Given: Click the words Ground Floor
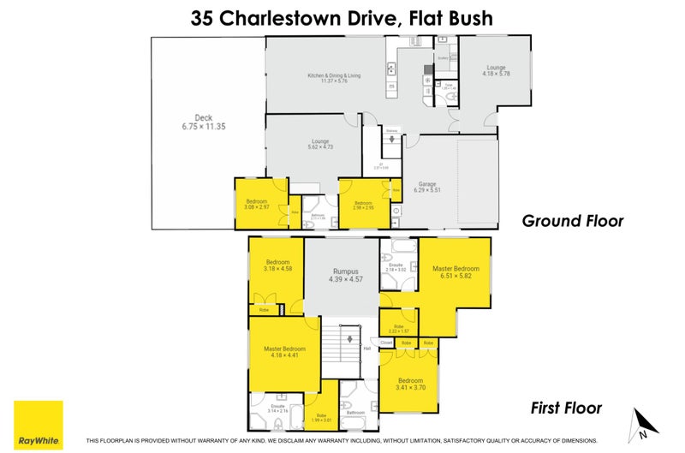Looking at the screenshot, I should click(x=573, y=221).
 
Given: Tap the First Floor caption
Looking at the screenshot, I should click(x=567, y=408).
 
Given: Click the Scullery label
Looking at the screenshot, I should click(x=444, y=57).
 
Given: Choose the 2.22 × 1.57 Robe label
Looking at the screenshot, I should click(x=397, y=329).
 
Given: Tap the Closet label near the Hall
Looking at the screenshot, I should click(x=386, y=342).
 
